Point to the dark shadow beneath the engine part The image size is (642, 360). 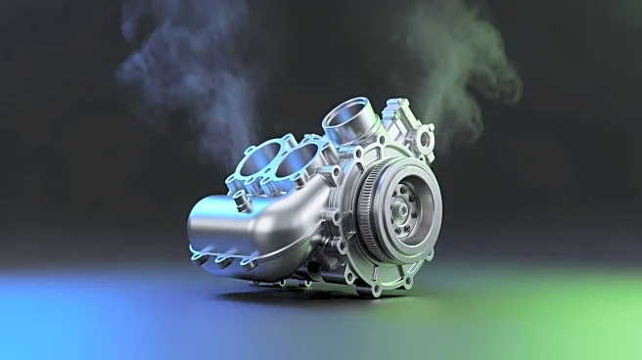(x=294, y=292)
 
